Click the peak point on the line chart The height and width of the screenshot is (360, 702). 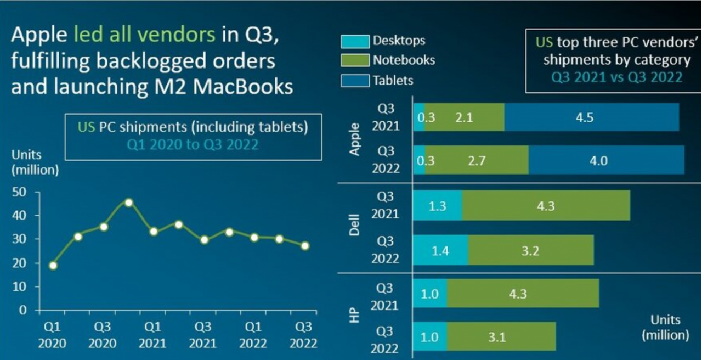click(x=128, y=203)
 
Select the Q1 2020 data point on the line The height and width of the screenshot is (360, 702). click(x=53, y=266)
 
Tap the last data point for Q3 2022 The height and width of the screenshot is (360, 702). click(x=305, y=246)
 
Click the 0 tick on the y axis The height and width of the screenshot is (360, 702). click(x=23, y=310)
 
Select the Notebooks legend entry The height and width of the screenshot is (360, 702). click(x=404, y=60)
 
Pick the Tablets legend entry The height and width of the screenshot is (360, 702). click(x=393, y=80)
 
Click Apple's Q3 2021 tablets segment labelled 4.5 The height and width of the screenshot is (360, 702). click(x=591, y=117)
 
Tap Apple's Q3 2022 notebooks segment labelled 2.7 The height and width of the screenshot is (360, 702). click(x=477, y=161)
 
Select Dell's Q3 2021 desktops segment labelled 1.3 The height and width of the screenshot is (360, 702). click(x=438, y=206)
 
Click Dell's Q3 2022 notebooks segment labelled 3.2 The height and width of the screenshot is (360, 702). click(x=531, y=251)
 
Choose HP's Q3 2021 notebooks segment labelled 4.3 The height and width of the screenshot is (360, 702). click(x=523, y=294)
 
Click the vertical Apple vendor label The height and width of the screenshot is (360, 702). click(x=354, y=139)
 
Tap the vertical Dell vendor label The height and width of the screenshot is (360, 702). click(x=354, y=225)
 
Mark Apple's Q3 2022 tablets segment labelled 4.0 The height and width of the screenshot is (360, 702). click(x=606, y=161)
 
